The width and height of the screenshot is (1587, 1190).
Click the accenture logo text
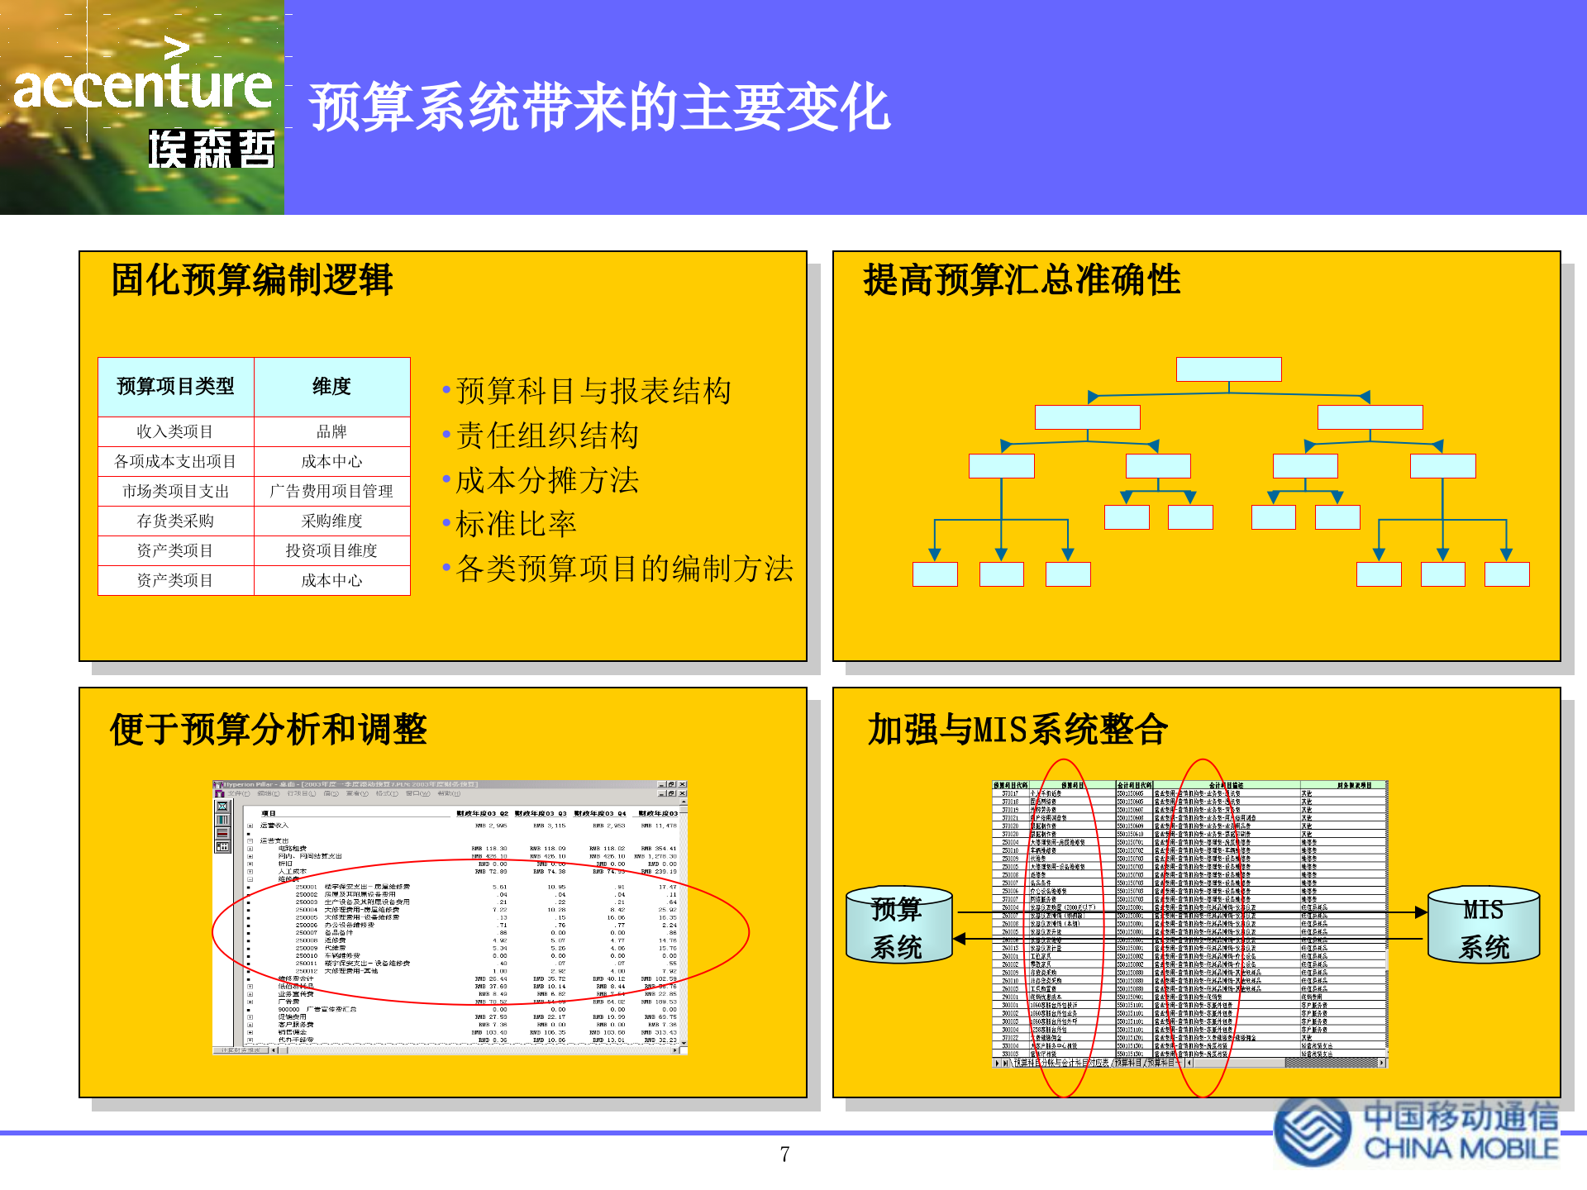click(142, 88)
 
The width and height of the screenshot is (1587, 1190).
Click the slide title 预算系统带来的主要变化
click(599, 108)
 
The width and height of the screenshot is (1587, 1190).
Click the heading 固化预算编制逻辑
click(252, 280)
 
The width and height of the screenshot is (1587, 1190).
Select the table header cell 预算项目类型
click(175, 387)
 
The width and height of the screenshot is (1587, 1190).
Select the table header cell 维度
click(331, 387)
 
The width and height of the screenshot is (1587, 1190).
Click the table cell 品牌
click(331, 431)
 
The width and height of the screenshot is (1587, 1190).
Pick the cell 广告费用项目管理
click(331, 491)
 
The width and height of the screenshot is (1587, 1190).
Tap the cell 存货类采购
click(175, 521)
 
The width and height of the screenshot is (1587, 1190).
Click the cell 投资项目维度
click(331, 550)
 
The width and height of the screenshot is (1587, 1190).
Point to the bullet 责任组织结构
click(547, 436)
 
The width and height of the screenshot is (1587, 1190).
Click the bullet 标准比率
click(516, 524)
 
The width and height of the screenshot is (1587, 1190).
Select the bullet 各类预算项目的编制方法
click(624, 569)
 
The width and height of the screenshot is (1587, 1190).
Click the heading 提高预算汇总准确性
click(1022, 280)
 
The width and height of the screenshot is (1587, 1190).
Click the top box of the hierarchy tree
click(1228, 369)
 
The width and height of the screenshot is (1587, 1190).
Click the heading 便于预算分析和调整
click(268, 730)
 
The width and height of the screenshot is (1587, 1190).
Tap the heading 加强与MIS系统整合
click(1017, 730)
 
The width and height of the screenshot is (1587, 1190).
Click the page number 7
click(784, 1154)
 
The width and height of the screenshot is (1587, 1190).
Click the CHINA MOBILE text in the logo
click(1461, 1150)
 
